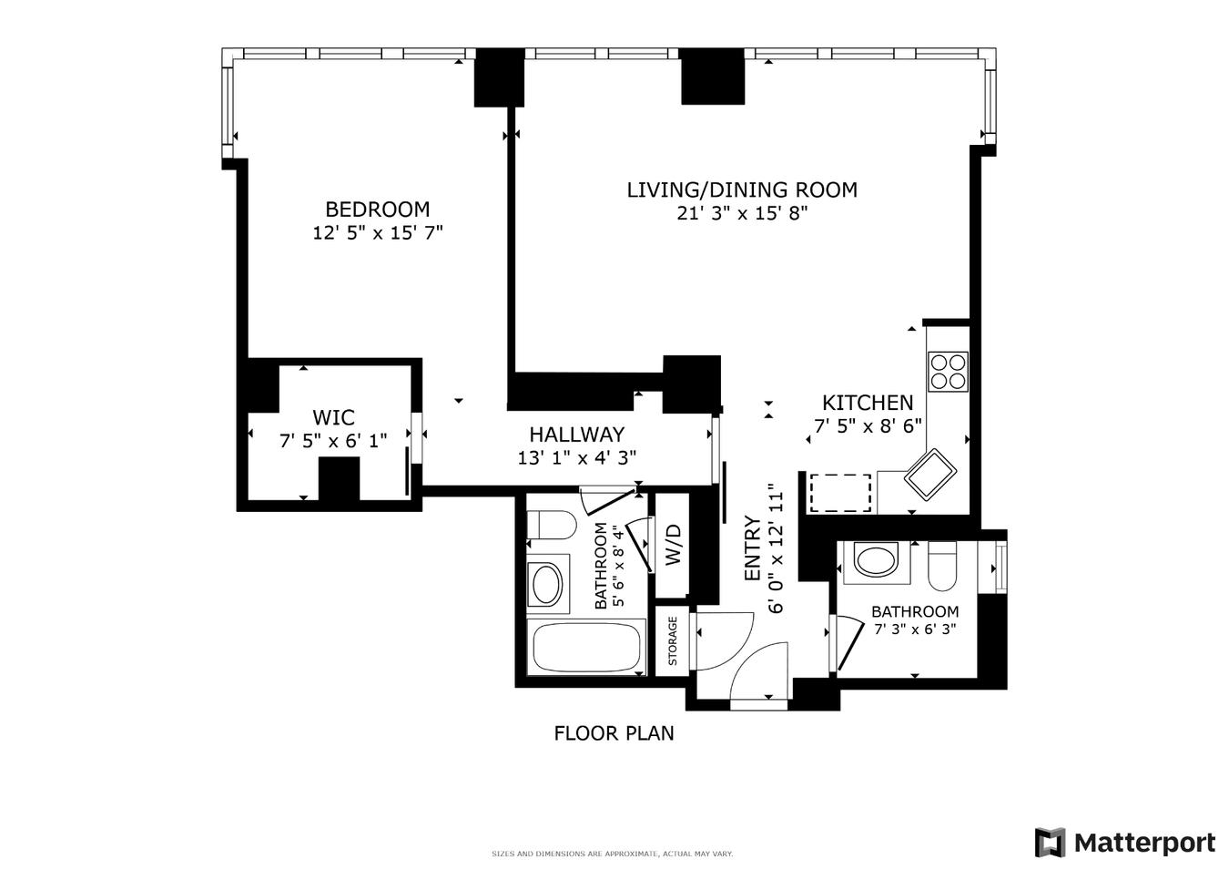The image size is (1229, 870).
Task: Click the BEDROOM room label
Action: [x=377, y=210]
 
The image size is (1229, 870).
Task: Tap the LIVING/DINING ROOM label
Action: [x=741, y=190]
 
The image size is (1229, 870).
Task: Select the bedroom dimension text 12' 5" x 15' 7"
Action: [x=377, y=233]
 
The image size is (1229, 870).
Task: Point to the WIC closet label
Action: [x=333, y=418]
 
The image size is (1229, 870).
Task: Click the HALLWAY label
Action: [x=577, y=435]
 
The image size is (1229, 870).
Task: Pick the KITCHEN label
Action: [x=867, y=403]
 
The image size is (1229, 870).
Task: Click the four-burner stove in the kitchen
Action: [x=947, y=372]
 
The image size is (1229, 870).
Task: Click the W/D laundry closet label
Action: [x=673, y=544]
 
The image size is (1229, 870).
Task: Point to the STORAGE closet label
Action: [x=673, y=641]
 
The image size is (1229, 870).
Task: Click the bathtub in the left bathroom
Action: [x=585, y=648]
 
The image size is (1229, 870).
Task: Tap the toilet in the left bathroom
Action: [x=552, y=526]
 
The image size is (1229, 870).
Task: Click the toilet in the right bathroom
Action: [x=941, y=565]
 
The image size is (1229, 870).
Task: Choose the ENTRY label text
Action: [x=752, y=549]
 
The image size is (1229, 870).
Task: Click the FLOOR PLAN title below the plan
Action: [x=614, y=733]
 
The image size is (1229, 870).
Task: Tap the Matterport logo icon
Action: [x=1050, y=843]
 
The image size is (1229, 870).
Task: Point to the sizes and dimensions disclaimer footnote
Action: [x=612, y=854]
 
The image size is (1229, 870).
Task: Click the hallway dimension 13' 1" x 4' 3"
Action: [x=577, y=457]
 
